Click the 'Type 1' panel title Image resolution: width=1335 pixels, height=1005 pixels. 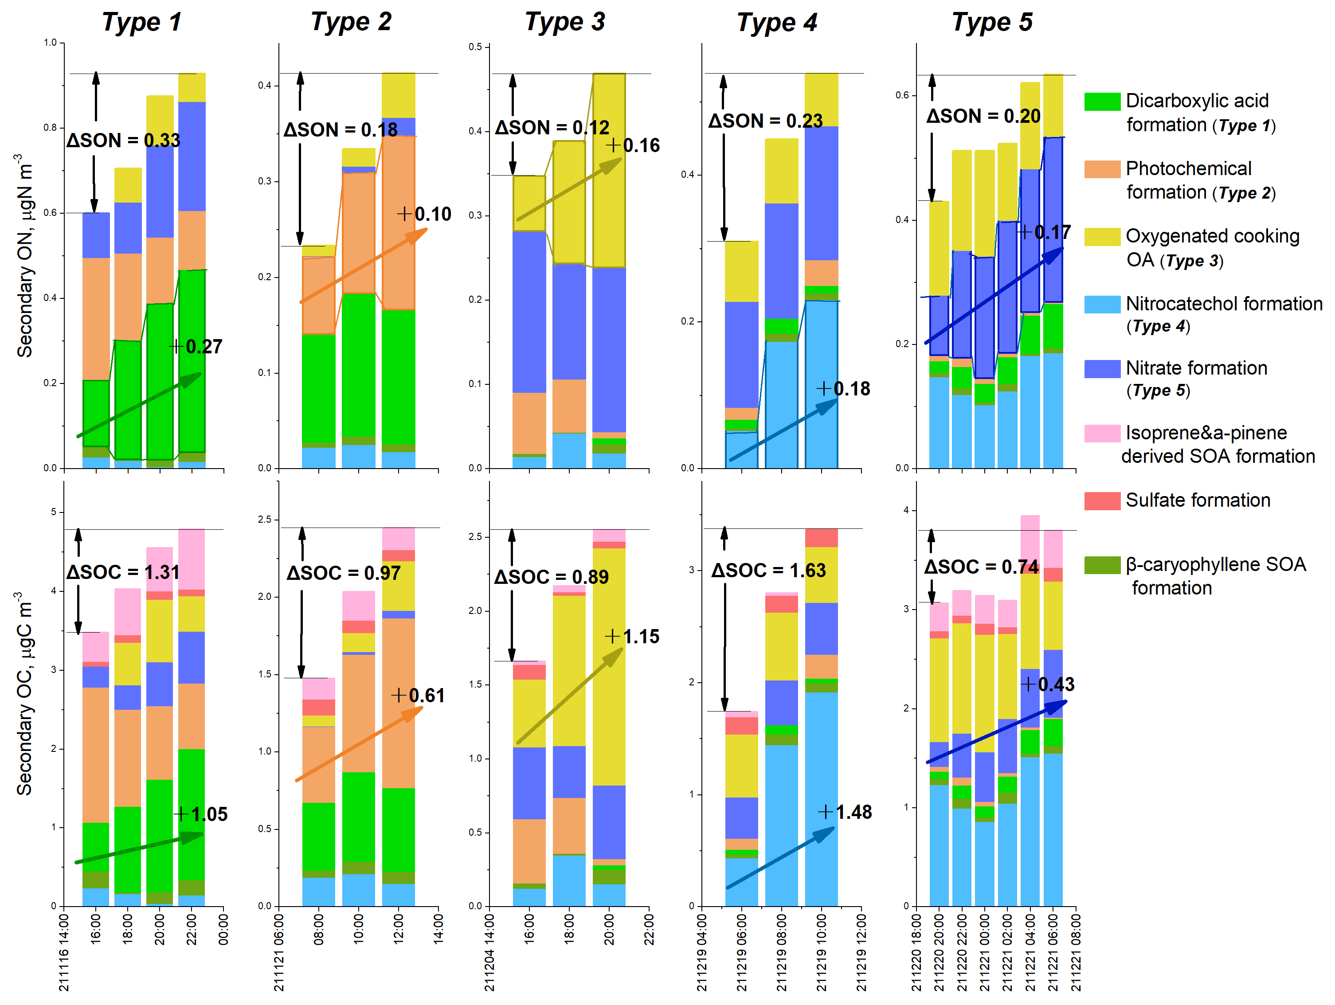click(142, 22)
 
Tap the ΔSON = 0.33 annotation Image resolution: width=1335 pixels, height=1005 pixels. click(123, 140)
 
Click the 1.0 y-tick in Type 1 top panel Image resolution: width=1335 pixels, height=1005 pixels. click(50, 43)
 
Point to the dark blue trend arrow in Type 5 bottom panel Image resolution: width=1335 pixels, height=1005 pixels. click(996, 731)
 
